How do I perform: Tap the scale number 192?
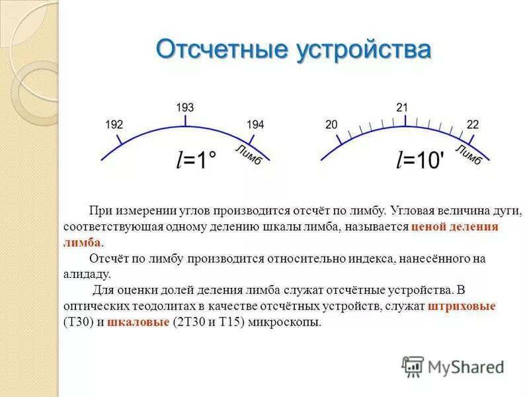click(114, 124)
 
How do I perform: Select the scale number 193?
click(184, 107)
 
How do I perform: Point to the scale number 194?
click(255, 124)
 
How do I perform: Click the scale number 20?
click(331, 124)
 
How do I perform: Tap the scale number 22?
click(473, 124)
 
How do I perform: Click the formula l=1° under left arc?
click(196, 160)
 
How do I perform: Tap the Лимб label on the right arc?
click(468, 154)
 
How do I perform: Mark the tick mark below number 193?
click(185, 120)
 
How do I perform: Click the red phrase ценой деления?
click(454, 227)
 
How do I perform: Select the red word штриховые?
click(462, 307)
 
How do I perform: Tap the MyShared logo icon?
click(413, 366)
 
